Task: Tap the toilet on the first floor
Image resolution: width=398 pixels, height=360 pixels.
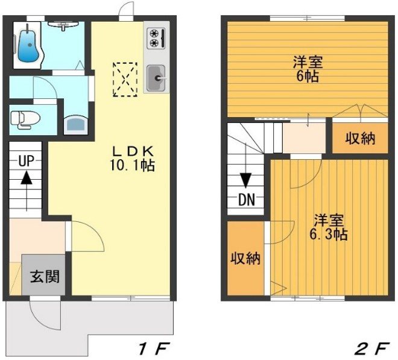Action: [25, 119]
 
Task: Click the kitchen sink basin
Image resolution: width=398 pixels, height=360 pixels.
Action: [156, 78]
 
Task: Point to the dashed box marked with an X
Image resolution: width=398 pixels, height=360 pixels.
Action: [125, 80]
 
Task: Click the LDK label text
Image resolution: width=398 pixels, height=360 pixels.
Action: [133, 152]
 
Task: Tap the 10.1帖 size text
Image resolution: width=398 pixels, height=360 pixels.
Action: [132, 166]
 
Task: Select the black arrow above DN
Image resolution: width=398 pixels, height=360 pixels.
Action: [245, 180]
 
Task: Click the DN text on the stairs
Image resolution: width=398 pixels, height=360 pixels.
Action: [247, 200]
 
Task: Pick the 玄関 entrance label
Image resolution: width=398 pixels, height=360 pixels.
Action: [45, 276]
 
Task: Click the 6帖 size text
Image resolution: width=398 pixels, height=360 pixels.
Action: [308, 76]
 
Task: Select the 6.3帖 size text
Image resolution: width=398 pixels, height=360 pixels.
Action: [328, 235]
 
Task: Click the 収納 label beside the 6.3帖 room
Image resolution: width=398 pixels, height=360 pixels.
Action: [245, 259]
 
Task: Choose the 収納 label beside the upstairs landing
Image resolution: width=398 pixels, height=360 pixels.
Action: [360, 139]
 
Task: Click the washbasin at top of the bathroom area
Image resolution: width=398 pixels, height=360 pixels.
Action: [63, 25]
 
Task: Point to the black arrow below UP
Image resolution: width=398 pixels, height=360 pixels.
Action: [27, 178]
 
